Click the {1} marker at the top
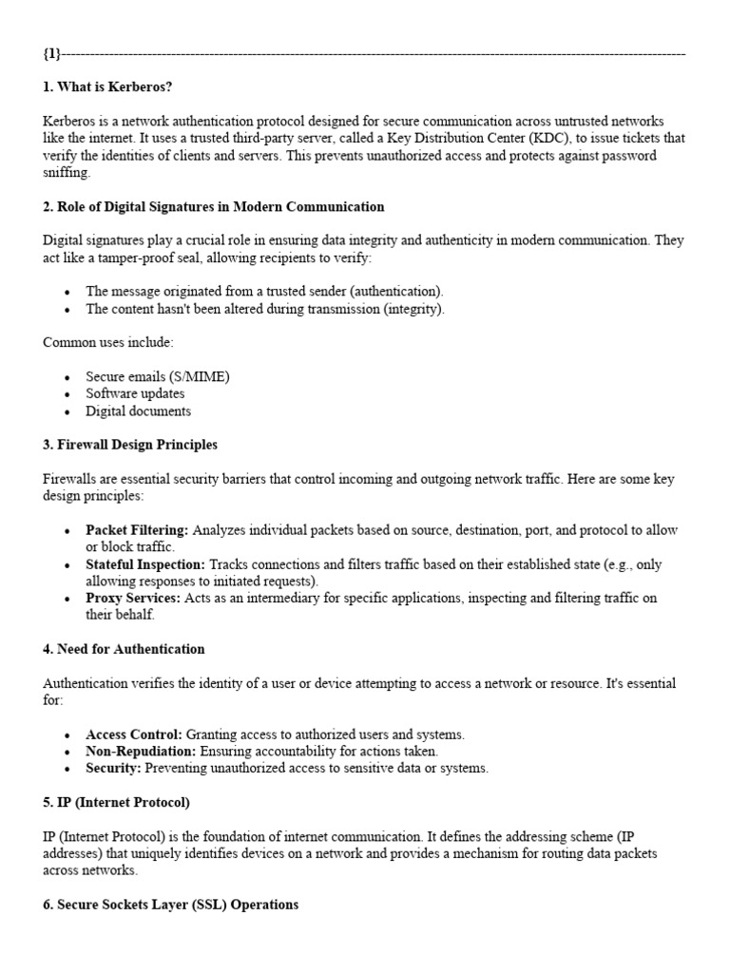[x=52, y=53]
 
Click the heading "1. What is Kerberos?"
[x=106, y=88]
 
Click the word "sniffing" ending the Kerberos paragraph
[x=66, y=173]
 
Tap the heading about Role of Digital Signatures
[x=213, y=206]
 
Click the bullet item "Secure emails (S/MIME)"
[x=157, y=376]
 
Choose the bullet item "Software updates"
[x=135, y=393]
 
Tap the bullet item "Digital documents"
[x=138, y=410]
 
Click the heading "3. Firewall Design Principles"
[x=130, y=445]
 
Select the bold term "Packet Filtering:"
[x=137, y=529]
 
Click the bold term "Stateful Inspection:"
[x=144, y=563]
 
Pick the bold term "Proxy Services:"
[x=132, y=598]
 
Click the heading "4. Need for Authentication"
[x=124, y=649]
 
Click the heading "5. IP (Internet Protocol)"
[x=116, y=802]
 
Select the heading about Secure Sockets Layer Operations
[x=170, y=905]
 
